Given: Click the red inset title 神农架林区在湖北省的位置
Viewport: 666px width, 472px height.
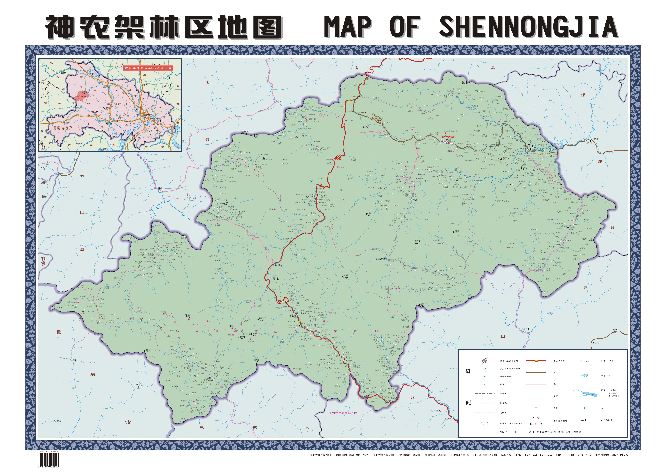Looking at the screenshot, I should (148, 68).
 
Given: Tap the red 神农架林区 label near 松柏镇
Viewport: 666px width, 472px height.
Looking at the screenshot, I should (448, 137).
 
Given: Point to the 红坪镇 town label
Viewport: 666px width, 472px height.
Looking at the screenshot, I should (312, 201).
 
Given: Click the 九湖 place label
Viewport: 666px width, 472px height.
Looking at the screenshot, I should (142, 318).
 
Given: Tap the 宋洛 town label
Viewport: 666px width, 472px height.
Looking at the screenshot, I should (415, 200).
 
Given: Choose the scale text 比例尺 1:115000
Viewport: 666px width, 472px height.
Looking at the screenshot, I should (507, 432).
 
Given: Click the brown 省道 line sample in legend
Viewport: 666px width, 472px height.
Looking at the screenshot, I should (536, 372).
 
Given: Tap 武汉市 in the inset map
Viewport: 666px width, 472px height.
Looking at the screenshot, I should (149, 115).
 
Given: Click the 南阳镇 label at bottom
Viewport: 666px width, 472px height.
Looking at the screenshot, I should (448, 419).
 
